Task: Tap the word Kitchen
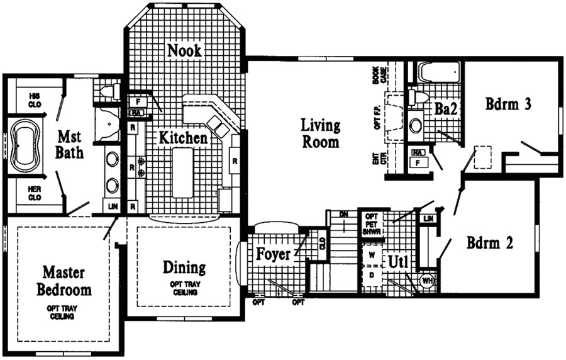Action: pos(182,137)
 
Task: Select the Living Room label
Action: pos(320,133)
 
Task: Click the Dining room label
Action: pos(184,268)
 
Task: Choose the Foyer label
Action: pos(273,255)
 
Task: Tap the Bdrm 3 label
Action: pos(509,105)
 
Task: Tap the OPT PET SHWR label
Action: pos(369,225)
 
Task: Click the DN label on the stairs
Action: pos(342,215)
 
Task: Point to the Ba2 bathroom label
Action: pos(445,108)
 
